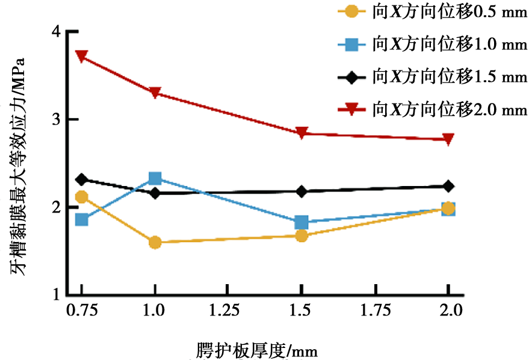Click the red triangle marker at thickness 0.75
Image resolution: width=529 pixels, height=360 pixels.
82,56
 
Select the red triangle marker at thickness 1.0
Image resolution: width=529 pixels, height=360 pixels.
155,93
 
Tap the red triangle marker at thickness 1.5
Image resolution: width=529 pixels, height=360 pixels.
302,133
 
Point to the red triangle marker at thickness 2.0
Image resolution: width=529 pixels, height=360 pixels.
448,139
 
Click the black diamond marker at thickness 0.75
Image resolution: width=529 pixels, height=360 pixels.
82,179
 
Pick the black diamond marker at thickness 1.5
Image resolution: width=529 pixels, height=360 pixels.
302,191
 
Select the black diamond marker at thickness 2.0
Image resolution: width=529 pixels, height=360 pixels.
448,186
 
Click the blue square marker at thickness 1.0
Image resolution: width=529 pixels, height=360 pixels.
155,178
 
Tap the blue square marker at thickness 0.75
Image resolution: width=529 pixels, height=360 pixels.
82,220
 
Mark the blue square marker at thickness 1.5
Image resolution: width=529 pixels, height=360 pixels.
302,222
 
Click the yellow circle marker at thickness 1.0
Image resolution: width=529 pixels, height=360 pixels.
155,242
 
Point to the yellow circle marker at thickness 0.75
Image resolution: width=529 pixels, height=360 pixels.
82,197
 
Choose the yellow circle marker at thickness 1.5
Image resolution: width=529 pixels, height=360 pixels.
302,235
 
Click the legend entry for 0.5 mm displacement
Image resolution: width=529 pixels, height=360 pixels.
433,12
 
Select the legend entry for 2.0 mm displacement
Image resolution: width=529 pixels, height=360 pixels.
433,110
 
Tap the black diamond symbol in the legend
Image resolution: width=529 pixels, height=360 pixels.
351,78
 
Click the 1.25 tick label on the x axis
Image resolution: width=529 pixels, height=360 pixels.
224,310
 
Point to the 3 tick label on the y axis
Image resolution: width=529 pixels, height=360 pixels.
56,119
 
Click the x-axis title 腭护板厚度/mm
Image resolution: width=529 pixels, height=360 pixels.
257,351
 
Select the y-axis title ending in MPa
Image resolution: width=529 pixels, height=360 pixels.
17,167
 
